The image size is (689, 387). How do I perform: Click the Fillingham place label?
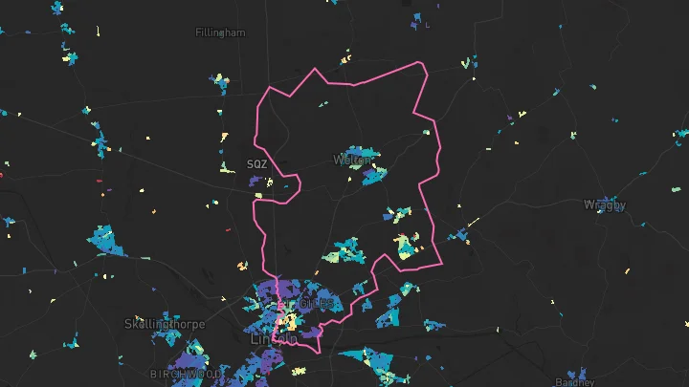220,32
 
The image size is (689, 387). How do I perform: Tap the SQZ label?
256,164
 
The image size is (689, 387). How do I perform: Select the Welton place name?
351,161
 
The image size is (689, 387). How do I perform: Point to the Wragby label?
605,205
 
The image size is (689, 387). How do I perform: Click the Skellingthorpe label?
165,325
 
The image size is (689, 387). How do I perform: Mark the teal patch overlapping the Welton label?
355,156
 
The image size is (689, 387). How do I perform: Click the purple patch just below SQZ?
256,180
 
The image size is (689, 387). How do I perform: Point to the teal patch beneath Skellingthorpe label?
167,336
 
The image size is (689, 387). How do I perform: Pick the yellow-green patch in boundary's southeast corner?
406,248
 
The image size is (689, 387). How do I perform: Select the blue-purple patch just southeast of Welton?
374,176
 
